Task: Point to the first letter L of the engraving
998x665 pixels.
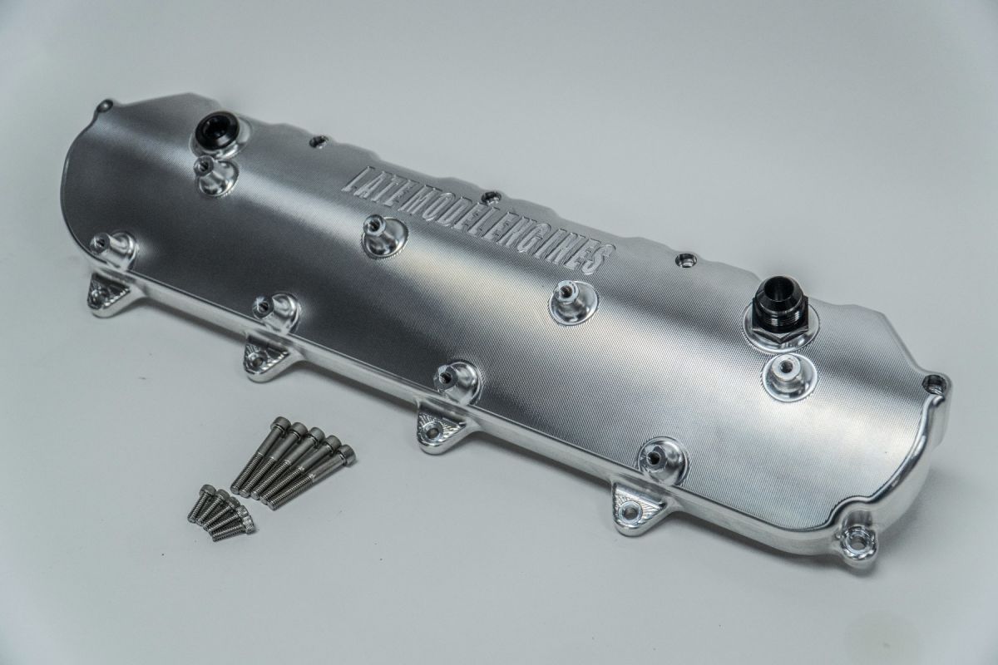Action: pos(360,177)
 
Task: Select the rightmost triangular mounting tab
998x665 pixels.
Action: pos(633,505)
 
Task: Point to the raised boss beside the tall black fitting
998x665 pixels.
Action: pos(786,375)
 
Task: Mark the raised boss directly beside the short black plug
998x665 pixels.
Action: pos(215,175)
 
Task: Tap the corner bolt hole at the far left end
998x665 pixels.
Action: pos(105,106)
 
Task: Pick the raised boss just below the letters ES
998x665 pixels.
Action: pos(572,301)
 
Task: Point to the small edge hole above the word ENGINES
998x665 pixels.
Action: pos(684,261)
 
